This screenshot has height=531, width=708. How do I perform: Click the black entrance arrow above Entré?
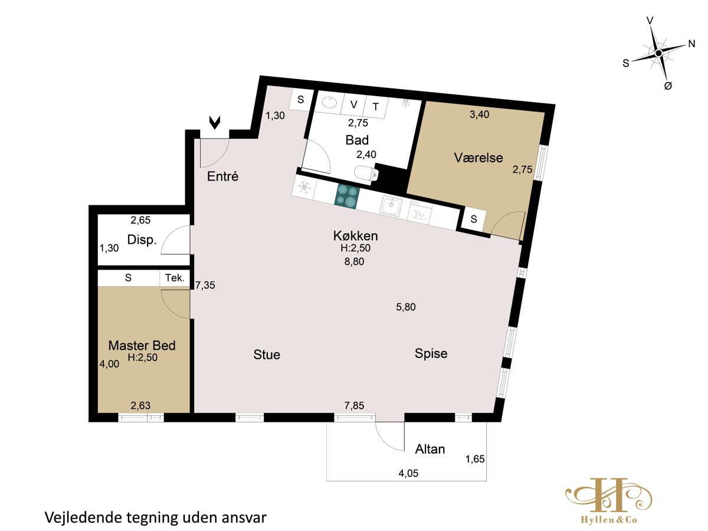[x=215, y=123]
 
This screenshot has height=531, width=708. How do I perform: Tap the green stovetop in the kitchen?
[x=347, y=196]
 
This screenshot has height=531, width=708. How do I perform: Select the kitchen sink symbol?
[x=392, y=205]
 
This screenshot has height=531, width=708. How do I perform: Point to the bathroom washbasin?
[x=329, y=103]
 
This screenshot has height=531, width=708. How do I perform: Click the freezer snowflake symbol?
[x=304, y=187]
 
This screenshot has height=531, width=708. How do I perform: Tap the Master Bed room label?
[x=142, y=346]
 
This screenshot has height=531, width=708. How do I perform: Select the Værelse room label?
[x=478, y=158]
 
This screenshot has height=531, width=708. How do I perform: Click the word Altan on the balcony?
[x=430, y=449]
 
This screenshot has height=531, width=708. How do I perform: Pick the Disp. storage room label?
[x=142, y=240]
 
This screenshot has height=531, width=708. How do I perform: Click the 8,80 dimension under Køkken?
[x=354, y=261]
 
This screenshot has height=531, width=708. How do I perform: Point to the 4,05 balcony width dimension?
[x=408, y=473]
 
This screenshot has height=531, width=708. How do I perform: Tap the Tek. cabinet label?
[x=175, y=277]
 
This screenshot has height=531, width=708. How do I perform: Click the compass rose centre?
[x=658, y=53]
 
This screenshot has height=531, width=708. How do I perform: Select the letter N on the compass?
[x=691, y=44]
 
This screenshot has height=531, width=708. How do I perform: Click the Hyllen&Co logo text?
[x=609, y=520]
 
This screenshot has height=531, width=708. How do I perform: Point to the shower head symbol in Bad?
[x=405, y=103]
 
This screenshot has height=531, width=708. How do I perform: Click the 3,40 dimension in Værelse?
[x=479, y=114]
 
